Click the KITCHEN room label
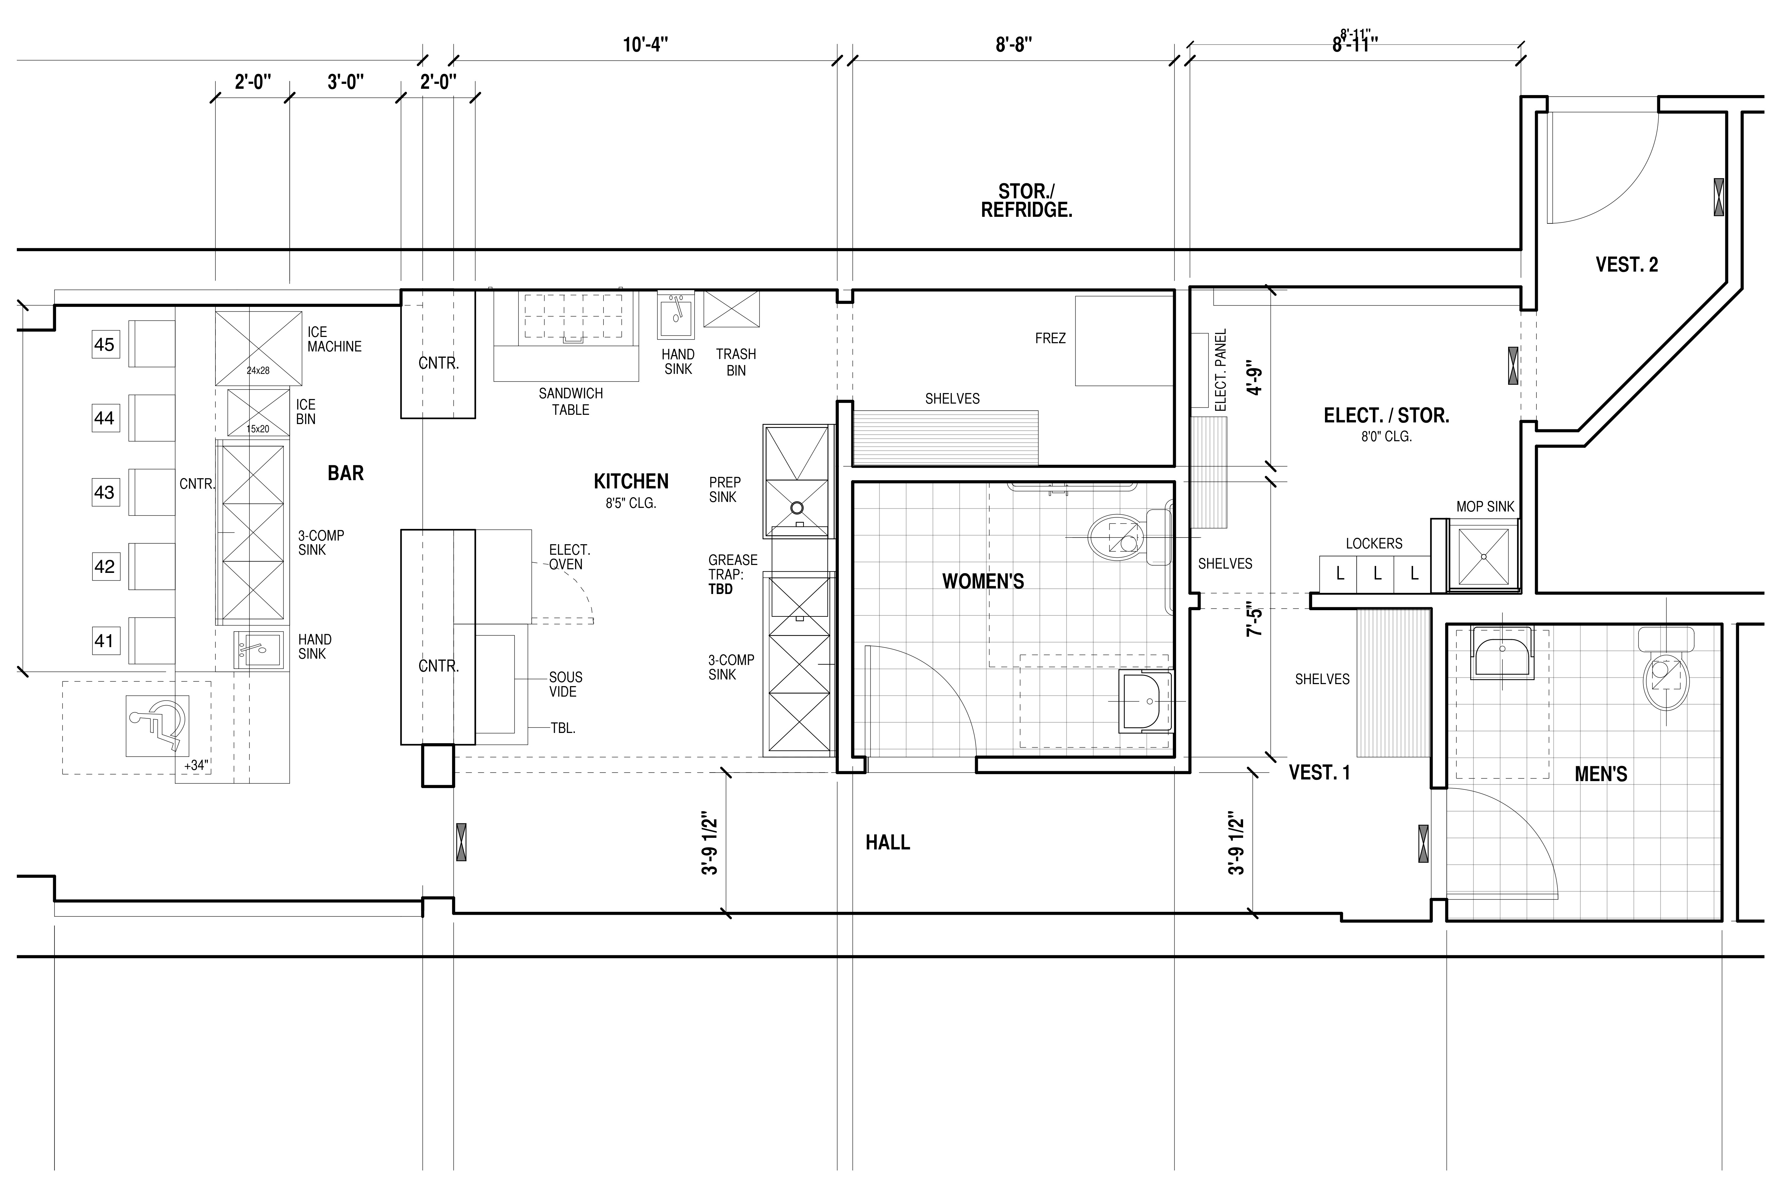pyautogui.click(x=631, y=481)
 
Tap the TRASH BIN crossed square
pyautogui.click(x=731, y=309)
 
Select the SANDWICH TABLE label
pyautogui.click(x=571, y=402)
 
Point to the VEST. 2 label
pyautogui.click(x=1627, y=264)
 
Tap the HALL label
pyautogui.click(x=888, y=842)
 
